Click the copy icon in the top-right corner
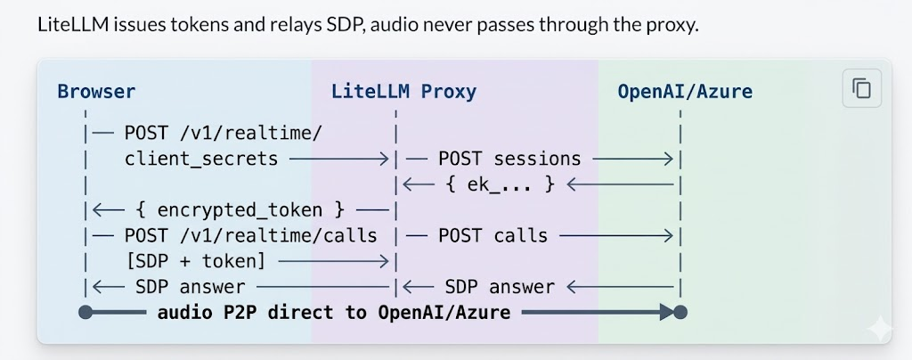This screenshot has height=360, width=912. click(x=861, y=88)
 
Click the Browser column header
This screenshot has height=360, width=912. click(x=96, y=91)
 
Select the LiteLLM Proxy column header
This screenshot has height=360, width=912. click(x=403, y=91)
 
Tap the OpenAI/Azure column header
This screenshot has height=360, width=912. click(x=685, y=91)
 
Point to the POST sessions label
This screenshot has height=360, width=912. click(x=509, y=159)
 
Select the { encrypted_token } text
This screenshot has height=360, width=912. click(x=240, y=210)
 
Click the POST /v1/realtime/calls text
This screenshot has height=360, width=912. click(x=250, y=236)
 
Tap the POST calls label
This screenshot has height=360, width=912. click(x=493, y=236)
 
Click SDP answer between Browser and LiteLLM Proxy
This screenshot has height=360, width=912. click(x=190, y=287)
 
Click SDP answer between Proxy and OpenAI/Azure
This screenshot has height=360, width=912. click(x=500, y=287)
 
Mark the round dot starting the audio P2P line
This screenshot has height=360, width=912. click(x=85, y=313)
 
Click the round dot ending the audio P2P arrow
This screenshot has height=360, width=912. click(x=680, y=313)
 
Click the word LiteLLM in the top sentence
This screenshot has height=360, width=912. click(x=69, y=24)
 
